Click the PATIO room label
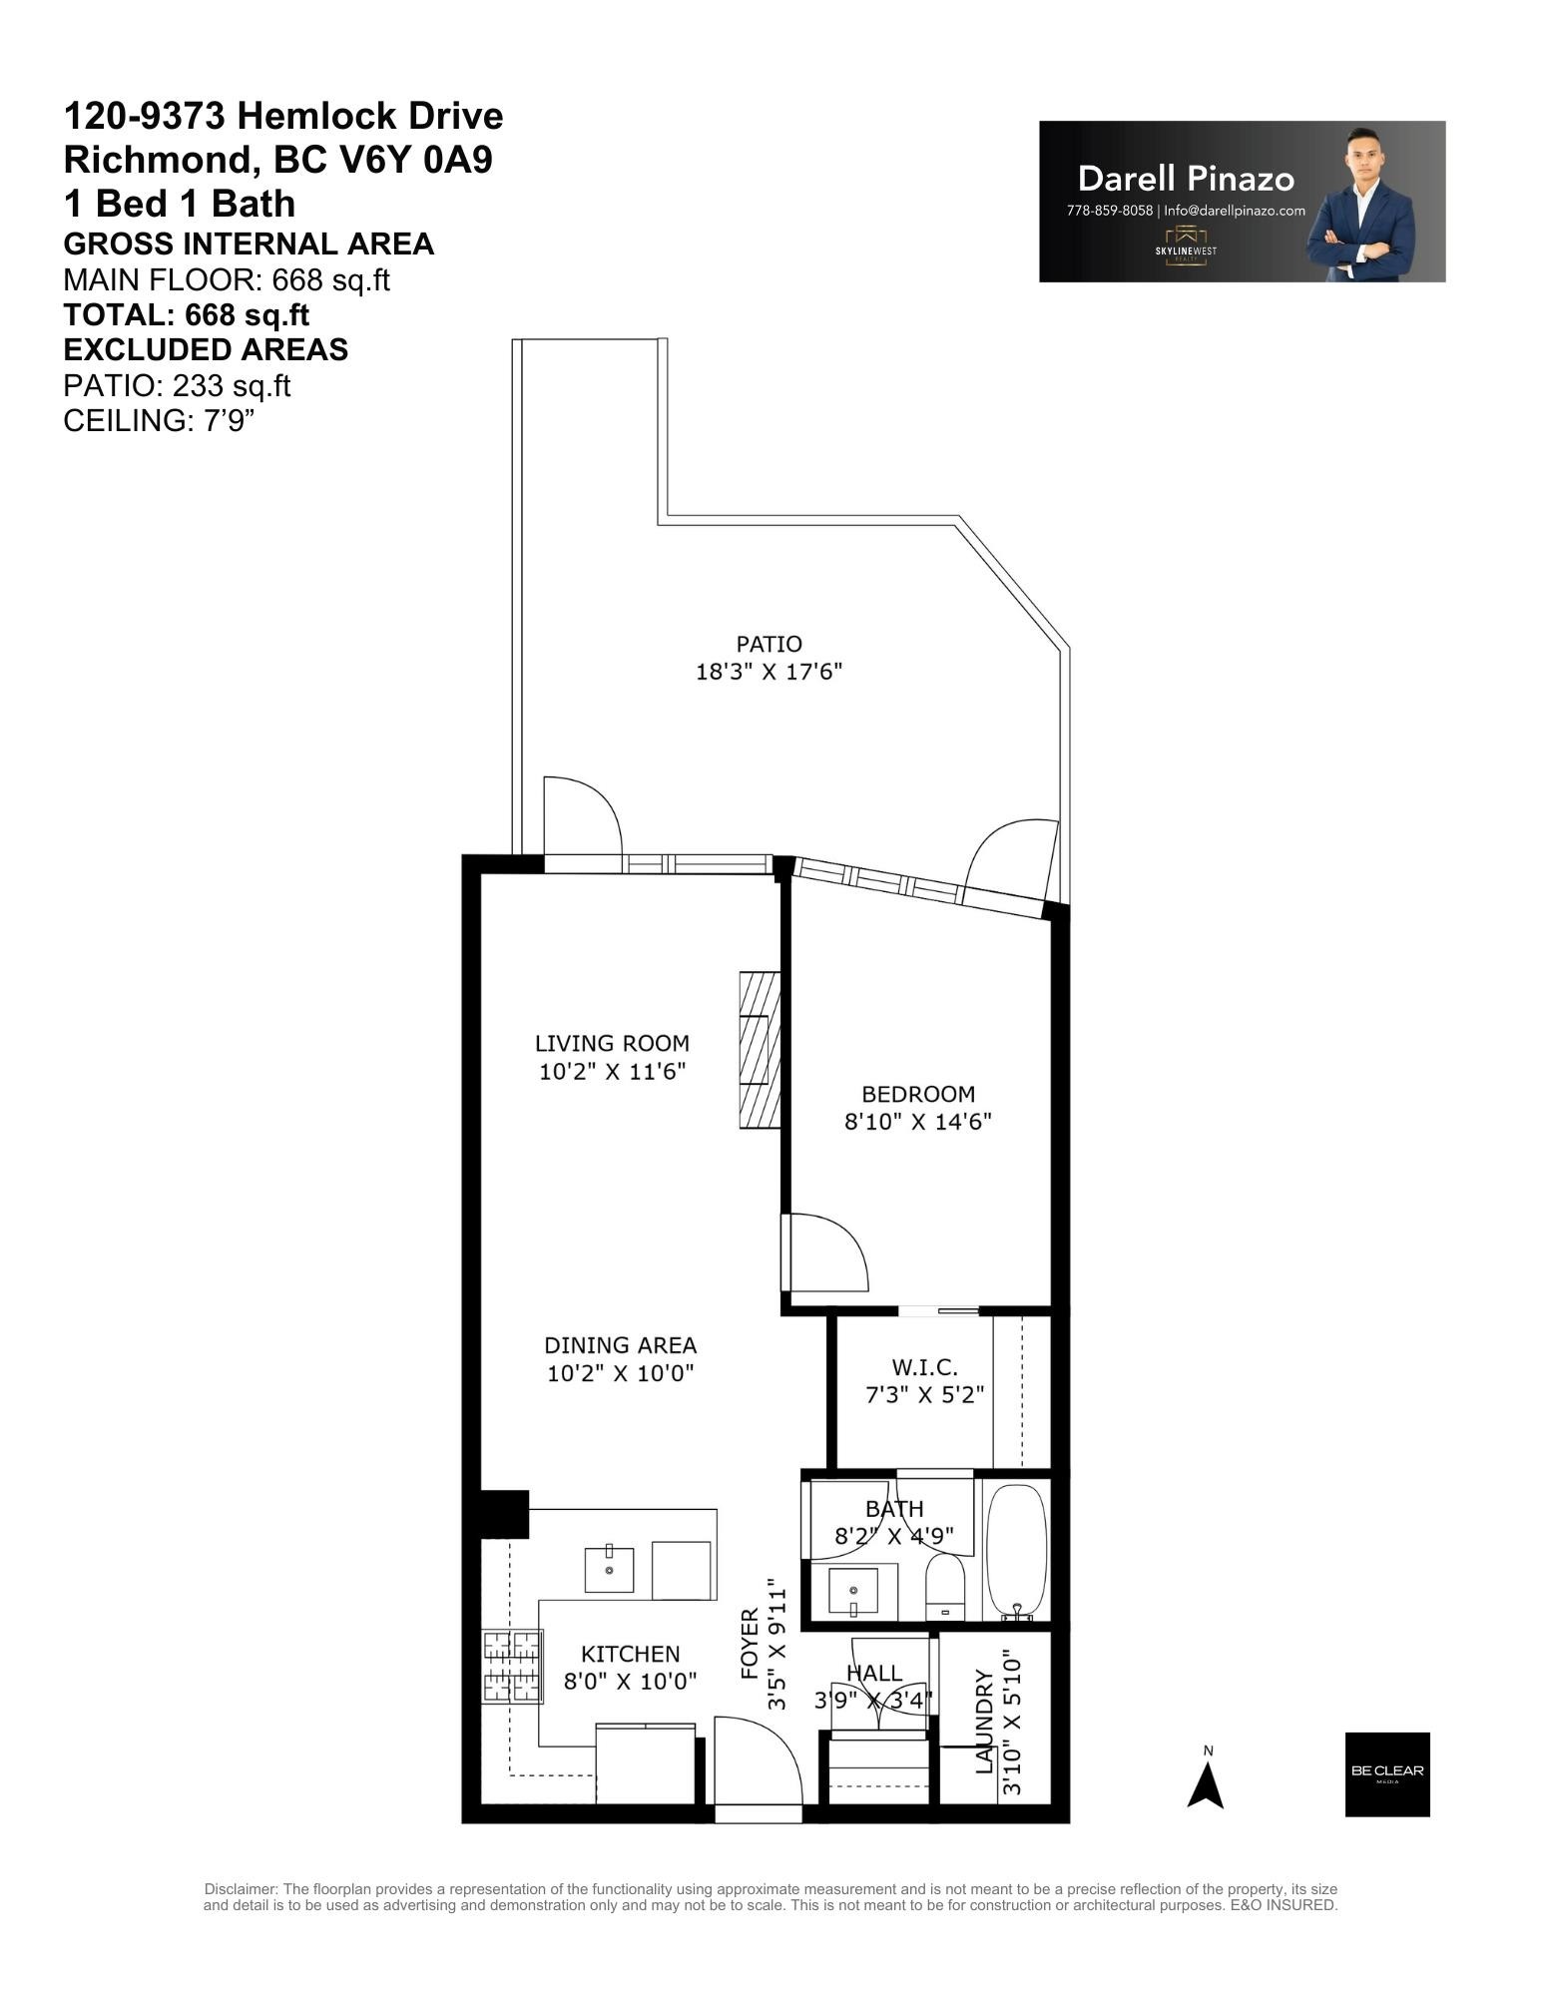click(769, 644)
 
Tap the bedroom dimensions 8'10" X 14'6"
click(917, 1121)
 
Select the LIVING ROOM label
click(612, 1043)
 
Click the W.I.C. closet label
click(923, 1366)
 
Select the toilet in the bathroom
click(943, 1585)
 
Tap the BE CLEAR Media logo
click(1386, 1773)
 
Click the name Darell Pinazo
click(1186, 179)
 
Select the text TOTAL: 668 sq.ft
click(186, 315)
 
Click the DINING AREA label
click(620, 1344)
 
